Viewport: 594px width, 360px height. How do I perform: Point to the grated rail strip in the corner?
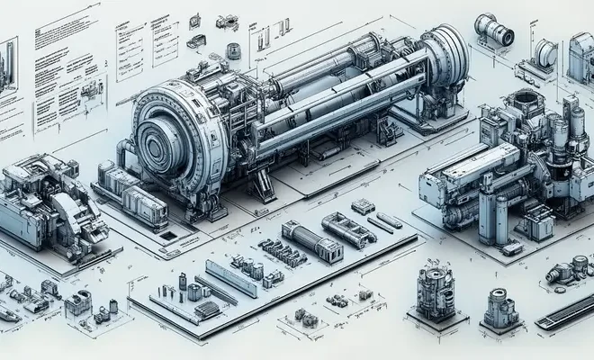(565, 311)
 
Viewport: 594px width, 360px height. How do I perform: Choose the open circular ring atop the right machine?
(522, 101)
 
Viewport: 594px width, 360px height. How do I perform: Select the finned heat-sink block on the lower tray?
(206, 309)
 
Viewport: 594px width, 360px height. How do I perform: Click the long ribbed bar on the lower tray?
(231, 278)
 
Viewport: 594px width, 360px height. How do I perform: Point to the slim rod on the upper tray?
(390, 220)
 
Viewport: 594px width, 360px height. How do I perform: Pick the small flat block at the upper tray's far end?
(363, 206)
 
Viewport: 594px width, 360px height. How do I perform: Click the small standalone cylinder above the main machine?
(232, 50)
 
